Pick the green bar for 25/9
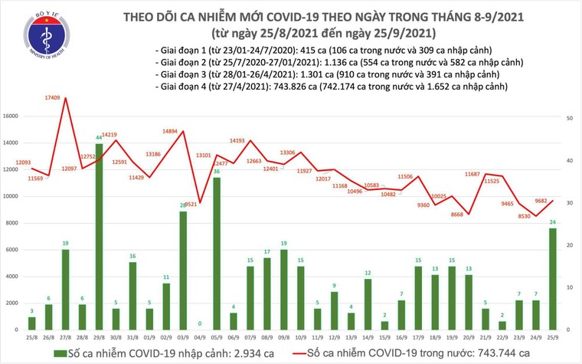551,278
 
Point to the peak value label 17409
53,99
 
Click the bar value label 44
100,138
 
